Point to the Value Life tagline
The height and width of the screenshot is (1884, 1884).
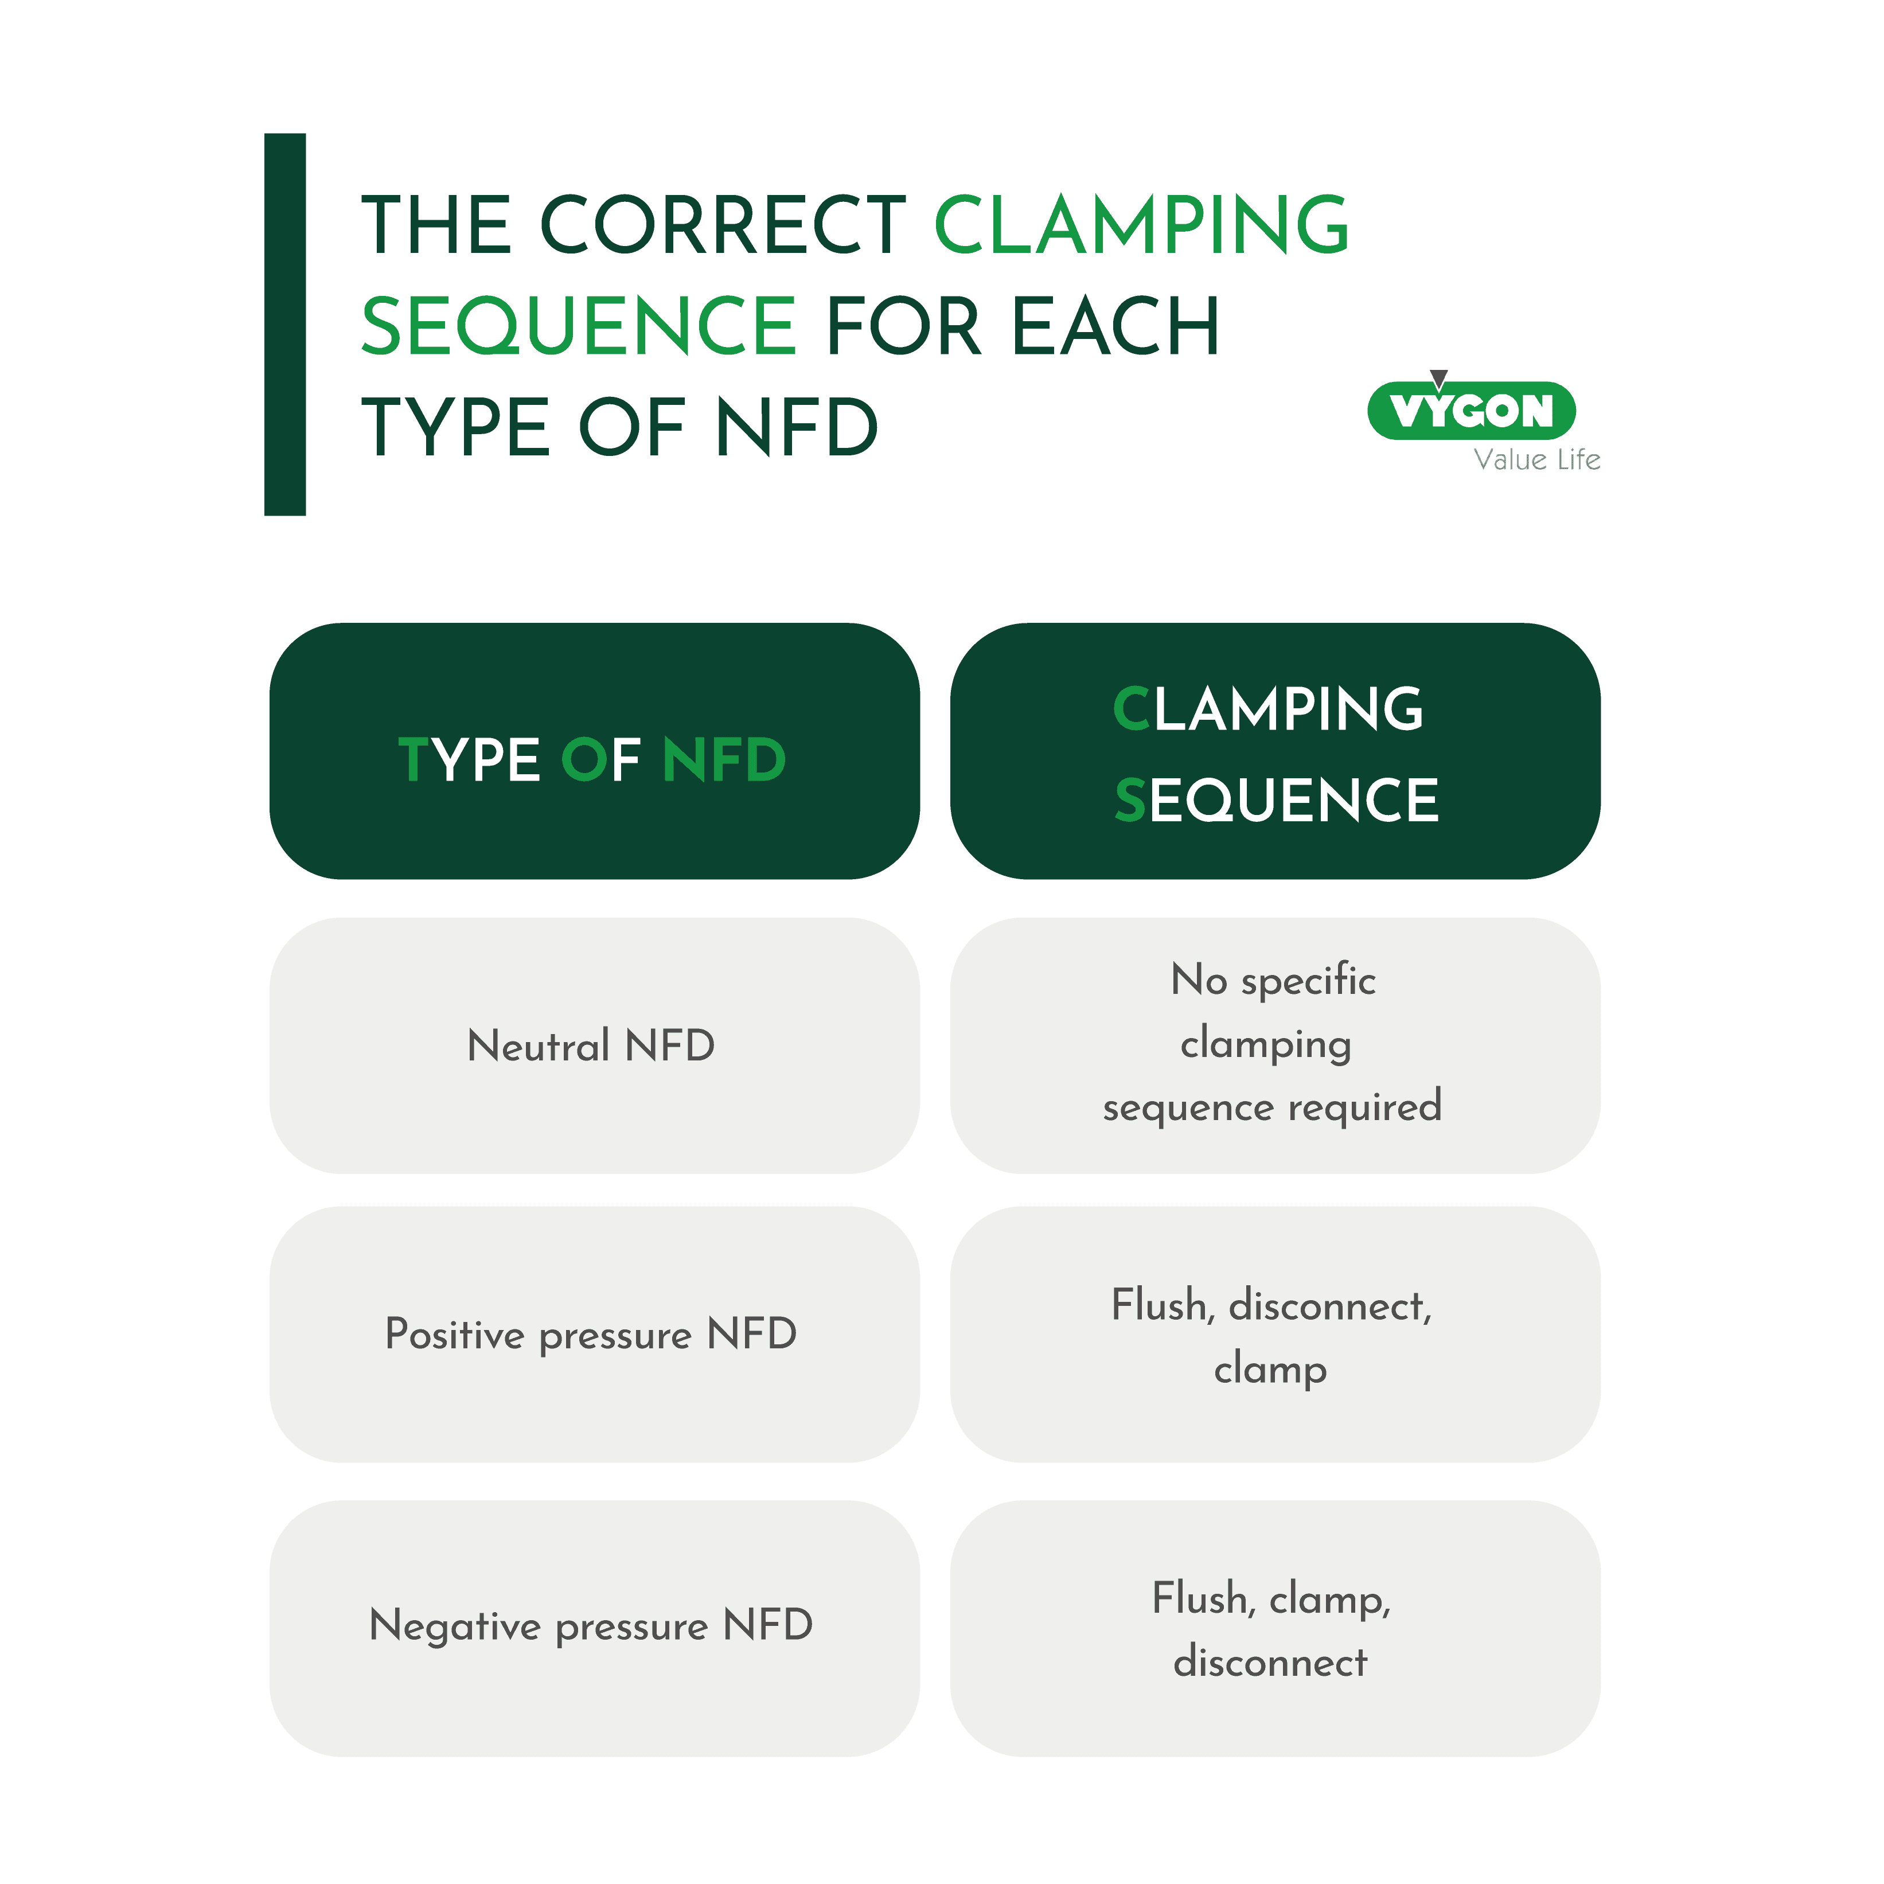click(1537, 459)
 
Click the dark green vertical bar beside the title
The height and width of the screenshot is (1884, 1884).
click(284, 324)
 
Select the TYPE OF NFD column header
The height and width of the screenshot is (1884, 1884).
click(594, 751)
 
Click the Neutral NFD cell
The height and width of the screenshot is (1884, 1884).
click(594, 1046)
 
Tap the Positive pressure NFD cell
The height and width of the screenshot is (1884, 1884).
click(594, 1334)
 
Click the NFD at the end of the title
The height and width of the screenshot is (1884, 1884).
click(797, 427)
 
